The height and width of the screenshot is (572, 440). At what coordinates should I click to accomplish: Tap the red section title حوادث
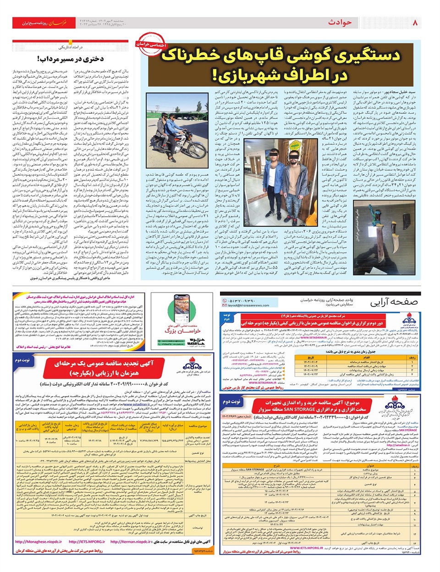340,22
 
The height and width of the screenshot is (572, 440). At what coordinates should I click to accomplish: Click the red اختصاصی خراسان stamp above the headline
151,44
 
